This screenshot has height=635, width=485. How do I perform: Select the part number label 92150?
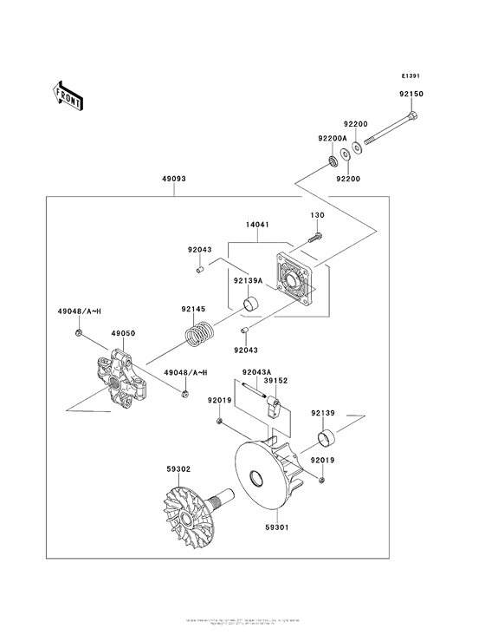tap(411, 94)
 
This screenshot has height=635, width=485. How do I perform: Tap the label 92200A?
tap(332, 138)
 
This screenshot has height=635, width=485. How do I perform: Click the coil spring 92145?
tap(201, 334)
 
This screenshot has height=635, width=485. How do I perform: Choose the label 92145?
tap(194, 308)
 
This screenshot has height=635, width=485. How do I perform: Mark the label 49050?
tap(121, 332)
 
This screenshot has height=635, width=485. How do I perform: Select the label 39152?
tap(276, 379)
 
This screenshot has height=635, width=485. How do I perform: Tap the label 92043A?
tap(246, 371)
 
